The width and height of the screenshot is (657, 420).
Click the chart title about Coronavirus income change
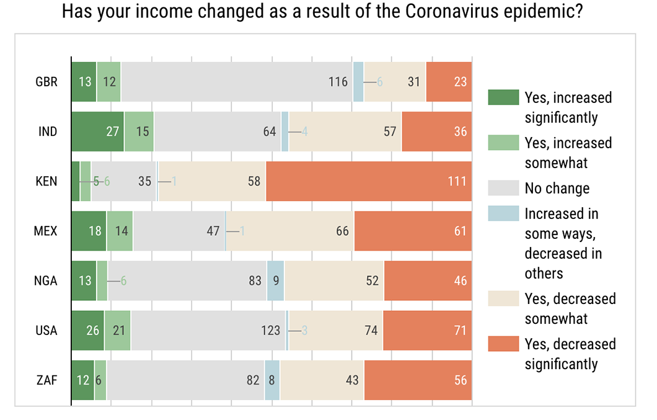322,12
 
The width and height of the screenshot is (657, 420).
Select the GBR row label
47,82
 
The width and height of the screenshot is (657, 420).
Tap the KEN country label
47,181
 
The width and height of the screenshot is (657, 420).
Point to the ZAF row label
47,380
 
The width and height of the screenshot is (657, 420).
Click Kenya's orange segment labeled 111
368,181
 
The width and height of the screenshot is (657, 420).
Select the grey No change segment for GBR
236,82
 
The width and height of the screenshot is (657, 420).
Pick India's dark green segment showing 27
97,132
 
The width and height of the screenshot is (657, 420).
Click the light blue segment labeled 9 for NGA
275,280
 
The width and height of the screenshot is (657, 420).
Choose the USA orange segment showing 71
427,330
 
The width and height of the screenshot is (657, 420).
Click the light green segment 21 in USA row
117,330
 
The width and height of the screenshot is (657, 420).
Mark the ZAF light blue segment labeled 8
272,380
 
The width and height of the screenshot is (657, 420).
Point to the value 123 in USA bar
271,330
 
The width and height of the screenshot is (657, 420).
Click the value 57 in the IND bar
390,132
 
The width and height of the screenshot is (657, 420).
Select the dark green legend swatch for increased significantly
503,97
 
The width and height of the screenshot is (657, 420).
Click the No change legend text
557,188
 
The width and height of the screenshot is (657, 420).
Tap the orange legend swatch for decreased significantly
503,344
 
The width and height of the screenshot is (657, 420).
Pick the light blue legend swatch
503,213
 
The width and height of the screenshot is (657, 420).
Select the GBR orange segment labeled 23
449,82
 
